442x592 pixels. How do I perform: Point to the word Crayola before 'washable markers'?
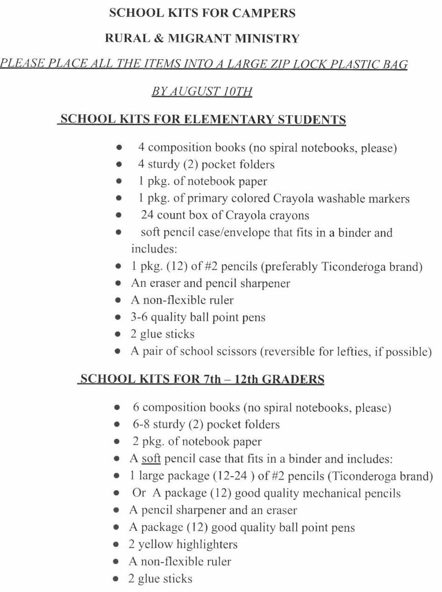[293, 198]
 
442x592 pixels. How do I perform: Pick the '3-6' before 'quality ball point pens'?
[140, 317]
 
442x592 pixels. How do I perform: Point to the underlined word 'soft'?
[151, 458]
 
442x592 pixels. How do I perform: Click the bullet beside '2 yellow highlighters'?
[118, 544]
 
